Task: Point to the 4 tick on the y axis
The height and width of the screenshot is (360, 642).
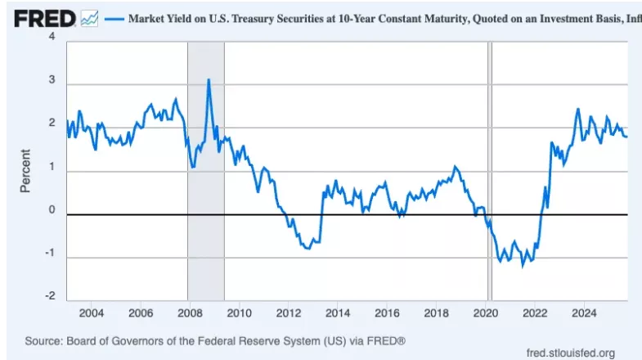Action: pos(52,38)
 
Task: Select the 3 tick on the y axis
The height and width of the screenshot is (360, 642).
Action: pos(52,83)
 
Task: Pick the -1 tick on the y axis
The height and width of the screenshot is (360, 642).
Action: pos(50,254)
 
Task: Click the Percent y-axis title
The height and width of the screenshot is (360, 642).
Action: pos(25,170)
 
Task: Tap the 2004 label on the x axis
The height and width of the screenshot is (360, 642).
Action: pos(91,313)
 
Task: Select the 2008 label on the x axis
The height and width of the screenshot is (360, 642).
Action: pos(189,313)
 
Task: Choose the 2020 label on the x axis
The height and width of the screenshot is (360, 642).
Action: pos(486,313)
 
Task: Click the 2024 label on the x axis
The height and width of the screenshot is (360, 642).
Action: pos(584,313)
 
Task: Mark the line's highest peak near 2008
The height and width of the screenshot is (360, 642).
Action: pos(209,79)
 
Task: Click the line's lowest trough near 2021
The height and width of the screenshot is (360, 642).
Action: pos(523,266)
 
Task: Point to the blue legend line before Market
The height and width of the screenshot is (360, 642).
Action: pos(114,16)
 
